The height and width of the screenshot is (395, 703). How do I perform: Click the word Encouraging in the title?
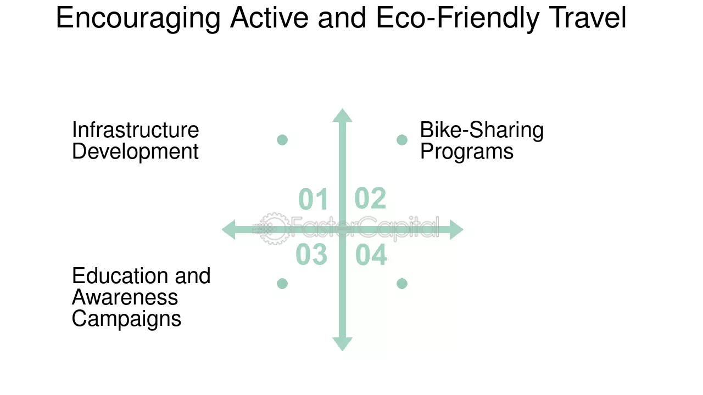pyautogui.click(x=138, y=19)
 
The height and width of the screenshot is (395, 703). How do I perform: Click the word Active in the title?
pyautogui.click(x=269, y=18)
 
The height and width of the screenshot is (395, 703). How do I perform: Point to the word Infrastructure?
pyautogui.click(x=136, y=130)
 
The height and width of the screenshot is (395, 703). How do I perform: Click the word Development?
pyautogui.click(x=135, y=152)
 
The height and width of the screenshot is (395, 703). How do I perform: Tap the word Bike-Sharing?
pyautogui.click(x=482, y=131)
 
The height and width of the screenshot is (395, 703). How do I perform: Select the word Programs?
pyautogui.click(x=467, y=152)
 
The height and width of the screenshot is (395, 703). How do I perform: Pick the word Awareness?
pyautogui.click(x=125, y=297)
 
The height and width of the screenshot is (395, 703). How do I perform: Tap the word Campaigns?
pyautogui.click(x=126, y=319)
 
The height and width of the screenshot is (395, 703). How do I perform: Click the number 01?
pyautogui.click(x=313, y=199)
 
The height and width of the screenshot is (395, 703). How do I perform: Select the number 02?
pyautogui.click(x=370, y=198)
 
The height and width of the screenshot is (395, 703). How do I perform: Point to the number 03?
pyautogui.click(x=311, y=255)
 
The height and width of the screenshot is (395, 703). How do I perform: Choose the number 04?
pyautogui.click(x=371, y=255)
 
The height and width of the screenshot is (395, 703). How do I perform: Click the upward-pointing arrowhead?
pyautogui.click(x=342, y=115)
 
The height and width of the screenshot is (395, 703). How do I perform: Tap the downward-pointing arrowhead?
pyautogui.click(x=342, y=344)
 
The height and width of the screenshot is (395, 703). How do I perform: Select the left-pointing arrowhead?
pyautogui.click(x=228, y=229)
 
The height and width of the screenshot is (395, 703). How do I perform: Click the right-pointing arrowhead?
pyautogui.click(x=456, y=229)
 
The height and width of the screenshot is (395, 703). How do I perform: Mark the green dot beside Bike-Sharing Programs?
pyautogui.click(x=402, y=140)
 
